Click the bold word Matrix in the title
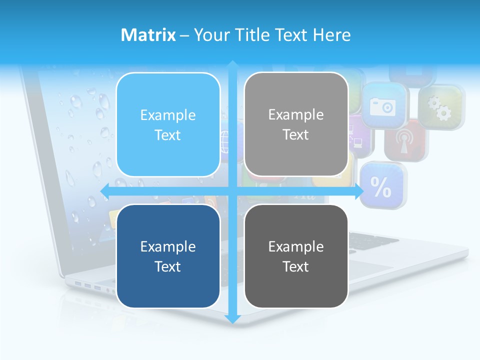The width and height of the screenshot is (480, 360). click(x=148, y=35)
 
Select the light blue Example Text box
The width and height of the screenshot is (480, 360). click(x=168, y=124)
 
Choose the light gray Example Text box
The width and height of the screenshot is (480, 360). click(x=296, y=124)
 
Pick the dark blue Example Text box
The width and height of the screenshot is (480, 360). click(x=168, y=256)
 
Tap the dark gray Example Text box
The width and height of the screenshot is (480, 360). click(x=296, y=256)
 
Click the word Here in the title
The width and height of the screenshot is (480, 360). click(x=332, y=35)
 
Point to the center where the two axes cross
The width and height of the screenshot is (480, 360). click(x=232, y=191)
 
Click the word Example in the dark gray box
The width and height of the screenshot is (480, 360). click(x=296, y=246)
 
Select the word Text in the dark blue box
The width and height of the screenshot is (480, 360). click(x=168, y=266)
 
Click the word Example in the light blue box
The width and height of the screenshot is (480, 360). click(x=168, y=115)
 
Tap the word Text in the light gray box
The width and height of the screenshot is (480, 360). click(x=296, y=134)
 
